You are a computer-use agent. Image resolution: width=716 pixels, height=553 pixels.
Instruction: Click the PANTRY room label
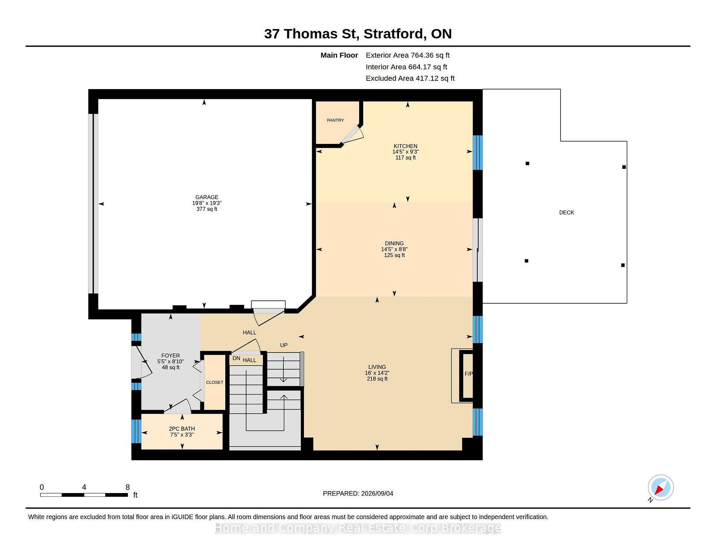(335, 120)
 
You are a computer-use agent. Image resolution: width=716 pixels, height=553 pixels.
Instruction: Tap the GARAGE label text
(207, 197)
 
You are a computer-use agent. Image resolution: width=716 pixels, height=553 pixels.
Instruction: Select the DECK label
(566, 212)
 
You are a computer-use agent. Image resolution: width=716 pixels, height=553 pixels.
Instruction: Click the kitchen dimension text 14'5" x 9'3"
(405, 152)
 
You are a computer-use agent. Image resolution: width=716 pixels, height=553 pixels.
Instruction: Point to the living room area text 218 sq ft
(377, 379)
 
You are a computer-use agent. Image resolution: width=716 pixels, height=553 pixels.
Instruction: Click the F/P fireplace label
(468, 374)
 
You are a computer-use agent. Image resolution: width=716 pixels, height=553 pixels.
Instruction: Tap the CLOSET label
(214, 382)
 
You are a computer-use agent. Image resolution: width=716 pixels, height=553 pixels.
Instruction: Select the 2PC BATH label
(182, 429)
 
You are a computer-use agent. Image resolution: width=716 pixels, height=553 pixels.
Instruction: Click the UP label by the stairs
(284, 345)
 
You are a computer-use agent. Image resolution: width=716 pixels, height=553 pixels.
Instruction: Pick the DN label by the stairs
(236, 358)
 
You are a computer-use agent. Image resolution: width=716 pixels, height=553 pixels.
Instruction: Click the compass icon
(660, 487)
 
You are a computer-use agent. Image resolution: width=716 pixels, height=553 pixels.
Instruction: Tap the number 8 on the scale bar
(128, 487)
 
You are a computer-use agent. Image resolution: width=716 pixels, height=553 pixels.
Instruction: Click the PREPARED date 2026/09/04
(377, 493)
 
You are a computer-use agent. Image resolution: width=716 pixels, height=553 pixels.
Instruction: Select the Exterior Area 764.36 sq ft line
(408, 55)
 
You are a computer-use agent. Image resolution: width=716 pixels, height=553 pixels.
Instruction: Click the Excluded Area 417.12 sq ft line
(410, 78)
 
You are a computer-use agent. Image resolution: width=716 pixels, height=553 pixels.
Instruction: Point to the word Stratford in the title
(395, 34)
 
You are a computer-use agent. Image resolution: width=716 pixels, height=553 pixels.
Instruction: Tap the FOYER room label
(170, 355)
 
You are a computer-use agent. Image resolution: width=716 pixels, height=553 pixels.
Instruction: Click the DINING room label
(394, 243)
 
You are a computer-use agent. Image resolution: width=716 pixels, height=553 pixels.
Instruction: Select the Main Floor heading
(339, 55)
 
